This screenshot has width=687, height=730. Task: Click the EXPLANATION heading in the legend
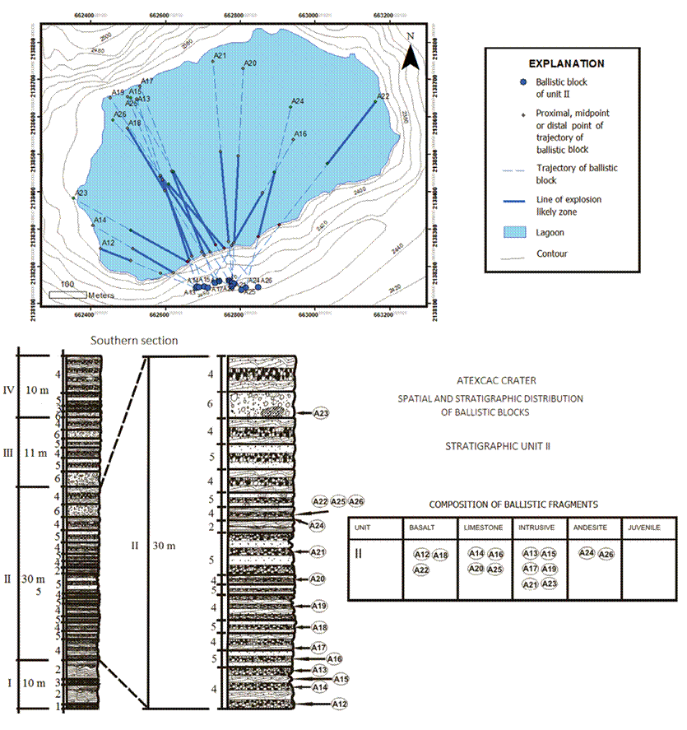(x=566, y=63)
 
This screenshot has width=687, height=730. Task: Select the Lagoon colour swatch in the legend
(x=516, y=233)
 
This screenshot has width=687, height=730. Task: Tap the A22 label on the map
(x=383, y=97)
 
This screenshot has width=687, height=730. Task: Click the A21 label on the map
(x=220, y=56)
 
